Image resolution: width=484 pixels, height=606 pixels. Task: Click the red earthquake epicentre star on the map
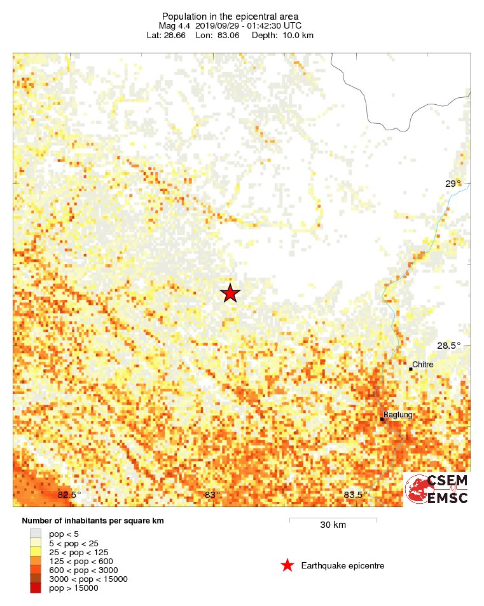tap(230, 293)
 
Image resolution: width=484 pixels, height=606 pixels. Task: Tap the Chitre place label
tap(423, 365)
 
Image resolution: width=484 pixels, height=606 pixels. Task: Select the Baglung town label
tap(398, 415)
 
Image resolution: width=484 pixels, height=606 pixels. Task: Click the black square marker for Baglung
tap(382, 419)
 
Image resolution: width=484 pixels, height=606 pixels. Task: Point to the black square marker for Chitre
tap(411, 368)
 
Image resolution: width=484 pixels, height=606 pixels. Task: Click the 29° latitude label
tap(452, 184)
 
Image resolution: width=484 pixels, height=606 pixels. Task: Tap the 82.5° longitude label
tap(69, 495)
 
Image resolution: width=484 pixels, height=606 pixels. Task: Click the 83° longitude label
tap(212, 495)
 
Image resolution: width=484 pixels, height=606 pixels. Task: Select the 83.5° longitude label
tap(356, 495)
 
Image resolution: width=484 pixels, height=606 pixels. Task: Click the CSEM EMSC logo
tap(437, 489)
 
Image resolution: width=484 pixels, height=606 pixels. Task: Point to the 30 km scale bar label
tap(333, 525)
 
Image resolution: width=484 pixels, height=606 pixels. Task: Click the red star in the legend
tap(287, 565)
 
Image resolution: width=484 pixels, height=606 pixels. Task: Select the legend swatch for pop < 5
tap(36, 534)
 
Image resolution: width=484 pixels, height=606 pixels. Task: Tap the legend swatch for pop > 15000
tap(36, 588)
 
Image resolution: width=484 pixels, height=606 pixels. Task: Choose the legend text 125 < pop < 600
tap(81, 561)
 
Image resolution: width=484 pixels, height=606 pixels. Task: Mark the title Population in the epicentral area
tap(230, 16)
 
